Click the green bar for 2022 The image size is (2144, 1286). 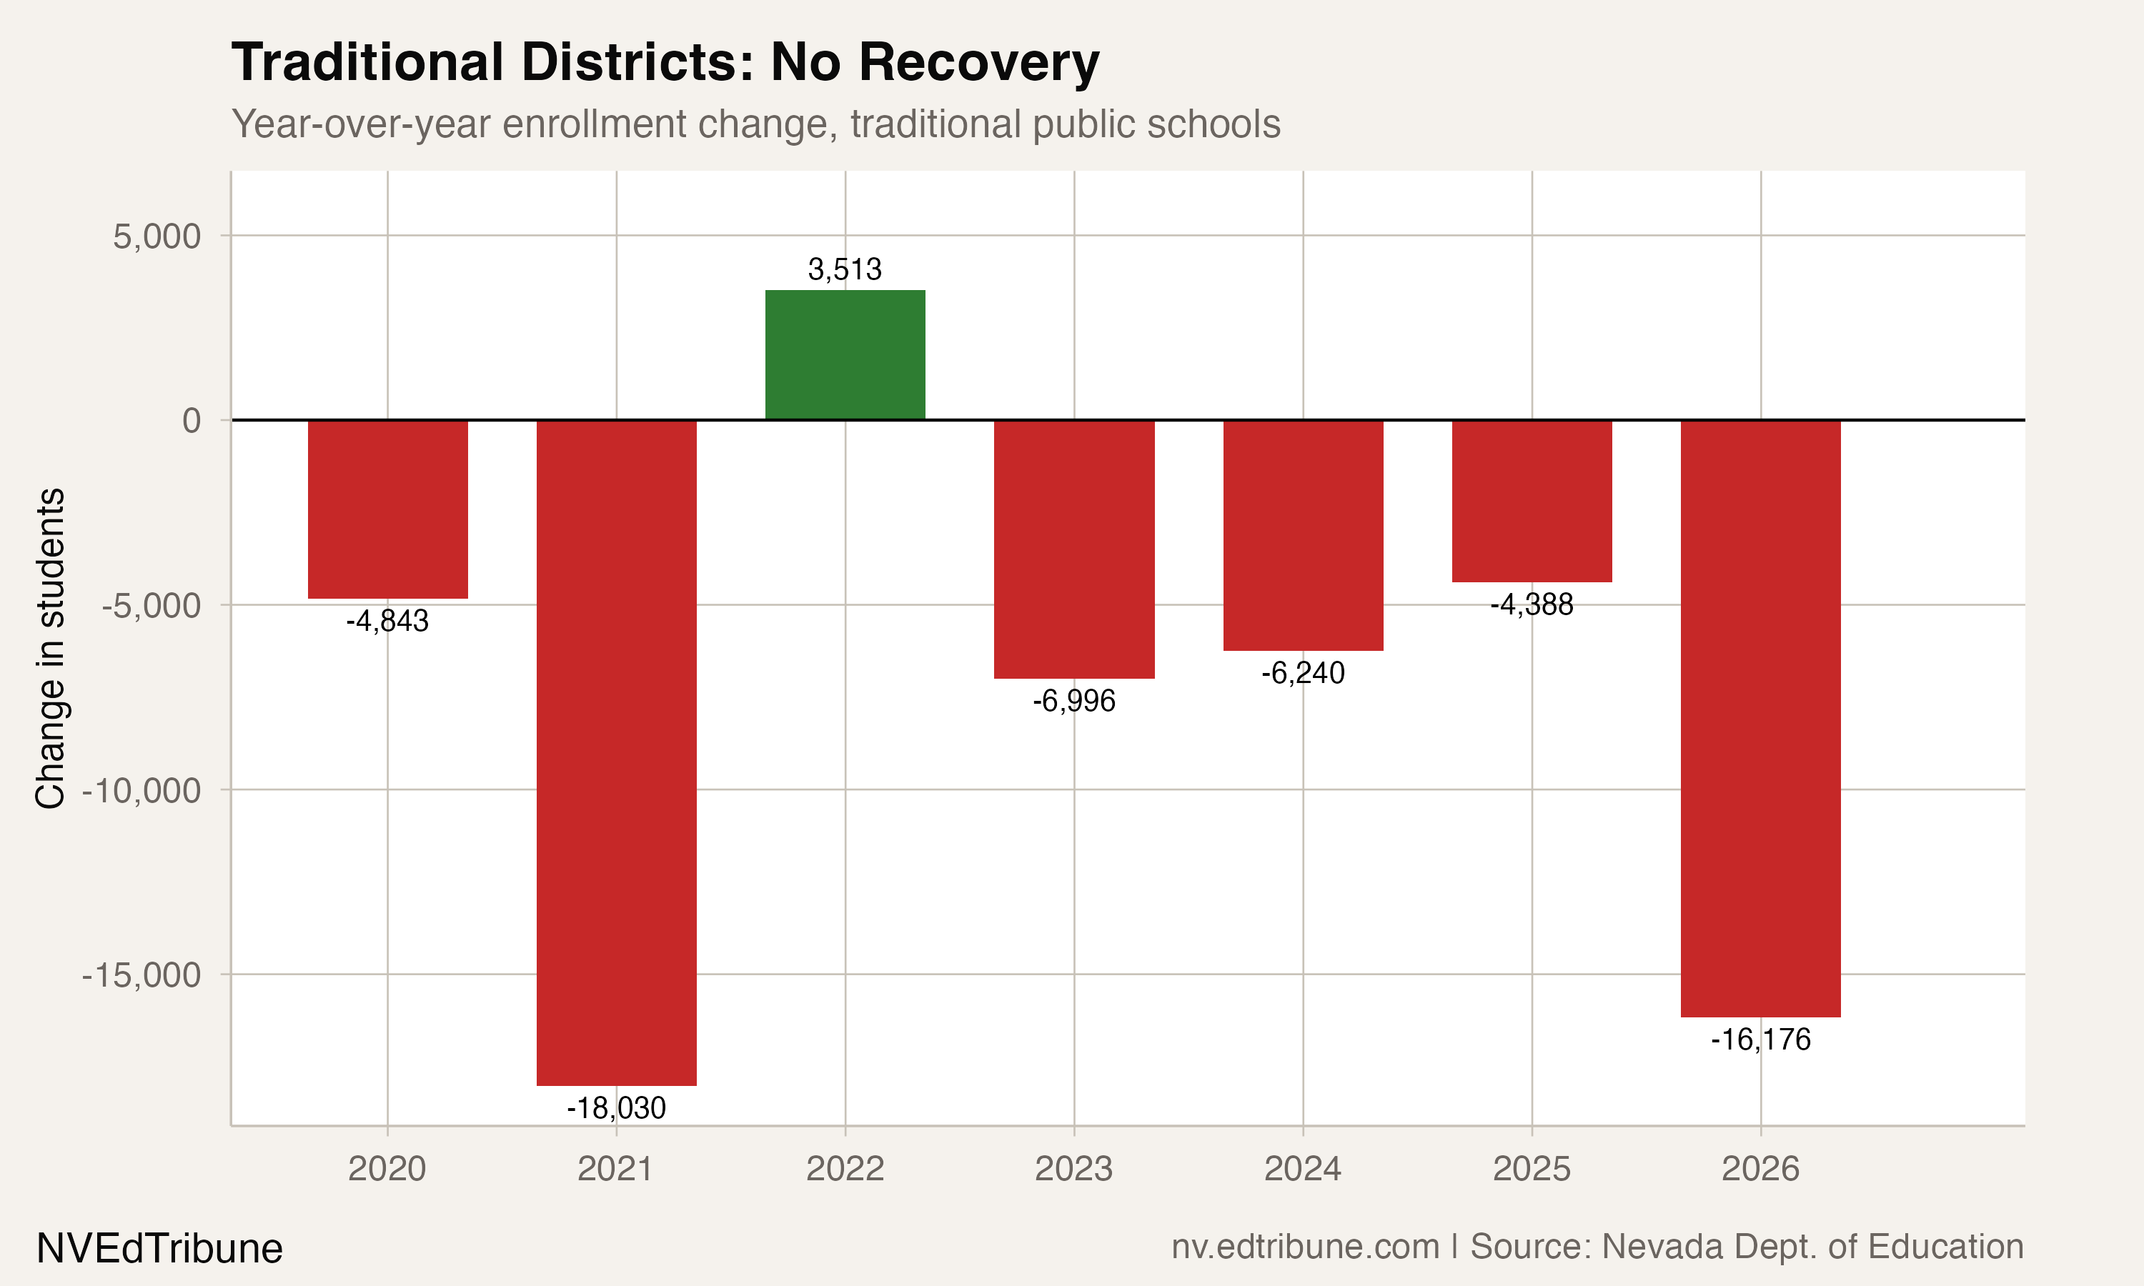tap(845, 354)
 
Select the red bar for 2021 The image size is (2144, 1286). tap(616, 752)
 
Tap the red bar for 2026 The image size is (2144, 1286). tap(1760, 717)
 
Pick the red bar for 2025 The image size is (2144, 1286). tap(1532, 501)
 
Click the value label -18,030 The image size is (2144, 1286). tap(616, 1108)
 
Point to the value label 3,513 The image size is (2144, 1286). tap(845, 269)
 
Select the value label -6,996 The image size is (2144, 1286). tap(1073, 701)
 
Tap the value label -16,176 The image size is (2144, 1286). tap(1760, 1039)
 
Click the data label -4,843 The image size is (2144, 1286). tap(387, 622)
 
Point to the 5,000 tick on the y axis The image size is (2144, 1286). tap(157, 236)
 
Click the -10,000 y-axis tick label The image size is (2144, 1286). tap(142, 790)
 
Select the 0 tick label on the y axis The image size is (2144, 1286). tap(192, 420)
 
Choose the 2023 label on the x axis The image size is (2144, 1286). tap(1073, 1169)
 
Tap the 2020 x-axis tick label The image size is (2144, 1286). tap(387, 1169)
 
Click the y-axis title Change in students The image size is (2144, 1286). tap(50, 648)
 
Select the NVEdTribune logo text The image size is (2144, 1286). tap(159, 1249)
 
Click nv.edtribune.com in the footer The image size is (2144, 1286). tap(1305, 1246)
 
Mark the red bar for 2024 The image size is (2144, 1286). tap(1303, 534)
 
